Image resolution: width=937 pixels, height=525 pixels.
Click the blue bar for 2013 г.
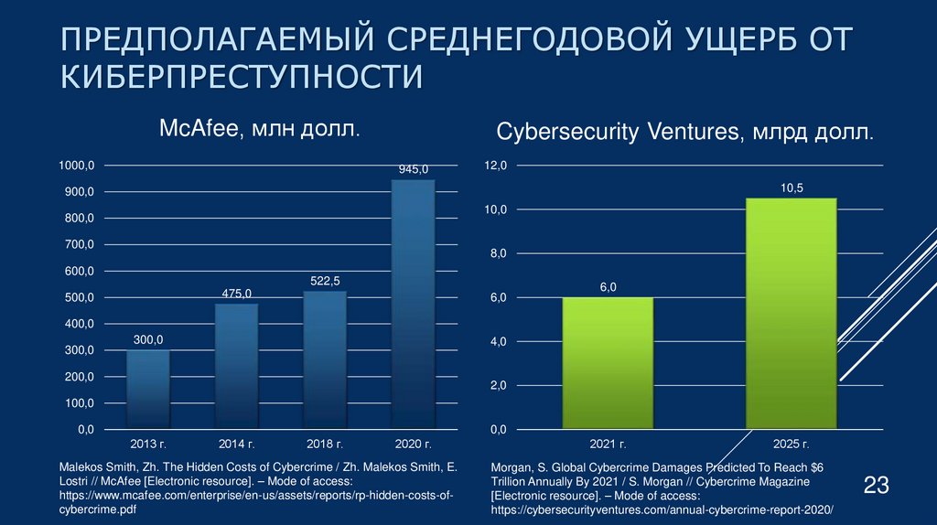coord(147,389)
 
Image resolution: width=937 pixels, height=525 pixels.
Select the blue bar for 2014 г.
coord(236,366)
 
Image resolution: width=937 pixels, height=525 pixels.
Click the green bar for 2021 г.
coord(608,363)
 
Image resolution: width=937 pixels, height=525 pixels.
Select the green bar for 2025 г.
coord(792,313)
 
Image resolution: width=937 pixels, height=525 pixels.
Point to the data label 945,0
coord(413,169)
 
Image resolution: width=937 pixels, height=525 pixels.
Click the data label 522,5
coord(325,281)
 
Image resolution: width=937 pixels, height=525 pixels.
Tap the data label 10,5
coord(792,187)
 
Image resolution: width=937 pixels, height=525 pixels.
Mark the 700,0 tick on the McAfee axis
coord(78,245)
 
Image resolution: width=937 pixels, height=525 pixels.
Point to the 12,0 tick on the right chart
coord(495,166)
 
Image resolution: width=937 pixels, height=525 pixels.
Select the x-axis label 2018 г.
coord(325,444)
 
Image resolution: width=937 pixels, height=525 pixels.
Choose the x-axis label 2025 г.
coord(792,444)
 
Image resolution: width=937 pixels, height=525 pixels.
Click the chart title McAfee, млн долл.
coord(260,130)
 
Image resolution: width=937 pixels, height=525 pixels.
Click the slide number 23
coord(877,485)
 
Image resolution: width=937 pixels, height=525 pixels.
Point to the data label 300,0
coord(147,340)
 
